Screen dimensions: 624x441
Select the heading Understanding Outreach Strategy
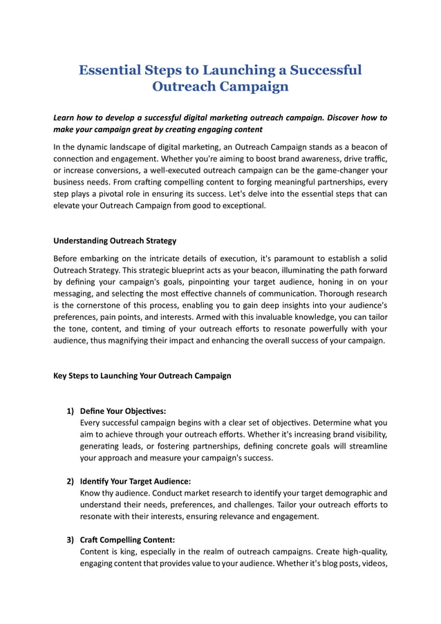click(x=115, y=241)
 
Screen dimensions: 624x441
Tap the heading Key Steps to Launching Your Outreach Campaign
click(x=142, y=376)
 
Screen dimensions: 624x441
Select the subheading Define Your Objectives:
click(x=123, y=411)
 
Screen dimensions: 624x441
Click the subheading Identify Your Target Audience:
click(x=135, y=481)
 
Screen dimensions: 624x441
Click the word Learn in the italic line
click(x=65, y=117)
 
